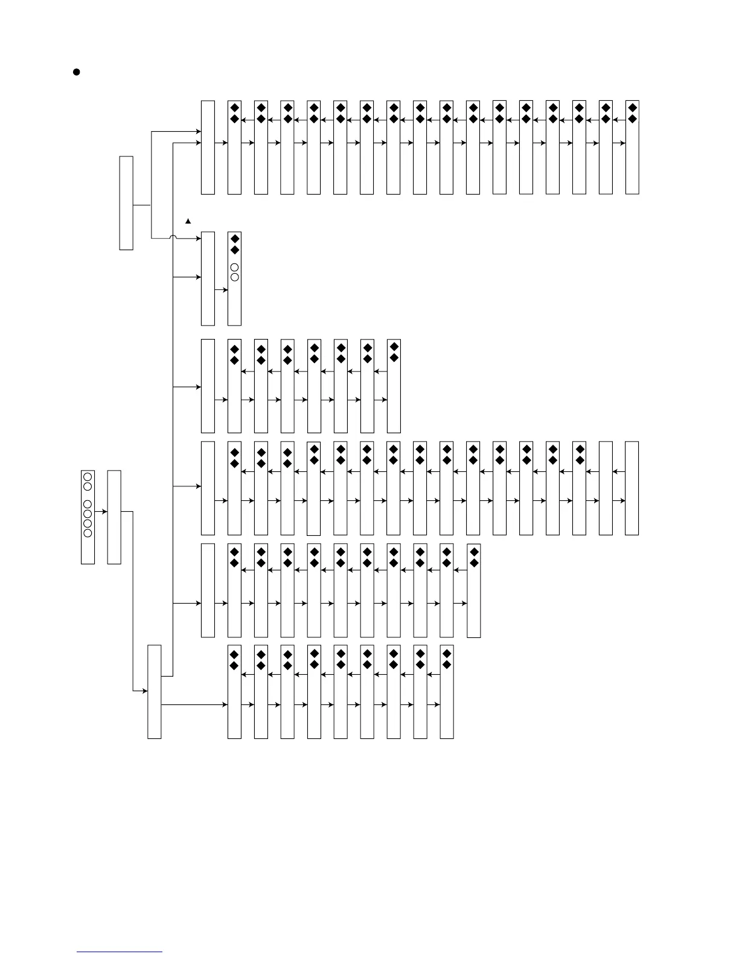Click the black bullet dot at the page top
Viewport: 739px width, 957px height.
point(77,72)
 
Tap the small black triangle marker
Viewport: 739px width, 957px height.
point(188,221)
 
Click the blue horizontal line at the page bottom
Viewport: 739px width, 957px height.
point(120,952)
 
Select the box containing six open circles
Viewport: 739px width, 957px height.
point(88,517)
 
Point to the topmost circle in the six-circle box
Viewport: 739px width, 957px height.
point(88,477)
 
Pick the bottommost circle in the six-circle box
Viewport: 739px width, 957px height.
point(88,533)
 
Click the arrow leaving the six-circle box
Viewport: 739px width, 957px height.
point(101,512)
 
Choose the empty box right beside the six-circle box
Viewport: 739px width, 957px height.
point(114,517)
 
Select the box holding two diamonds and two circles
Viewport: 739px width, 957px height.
point(234,279)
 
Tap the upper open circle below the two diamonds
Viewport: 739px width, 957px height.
point(235,268)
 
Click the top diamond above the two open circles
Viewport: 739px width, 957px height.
point(235,239)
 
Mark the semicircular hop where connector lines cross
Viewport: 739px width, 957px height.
point(173,238)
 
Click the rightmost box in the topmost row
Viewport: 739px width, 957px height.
point(632,147)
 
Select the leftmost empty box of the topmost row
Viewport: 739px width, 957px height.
point(208,147)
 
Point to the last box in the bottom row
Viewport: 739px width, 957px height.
point(447,692)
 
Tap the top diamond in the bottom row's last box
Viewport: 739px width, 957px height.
point(447,654)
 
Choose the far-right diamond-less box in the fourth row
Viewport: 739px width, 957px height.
point(632,488)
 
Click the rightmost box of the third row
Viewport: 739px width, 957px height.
point(394,386)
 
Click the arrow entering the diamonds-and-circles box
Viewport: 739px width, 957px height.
point(221,290)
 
